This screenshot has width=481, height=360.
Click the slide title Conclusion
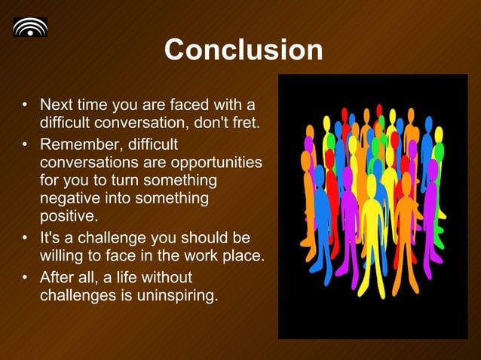pos(243,50)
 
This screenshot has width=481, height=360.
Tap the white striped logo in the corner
pos(30,27)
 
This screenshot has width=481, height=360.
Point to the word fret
pos(246,122)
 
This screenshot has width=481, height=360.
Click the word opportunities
pos(210,162)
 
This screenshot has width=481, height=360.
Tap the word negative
pos(71,199)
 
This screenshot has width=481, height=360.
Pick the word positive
pos(68,218)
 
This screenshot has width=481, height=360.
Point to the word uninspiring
pos(177,295)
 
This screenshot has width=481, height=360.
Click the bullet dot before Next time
pos(26,104)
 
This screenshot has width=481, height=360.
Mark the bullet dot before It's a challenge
pos(26,238)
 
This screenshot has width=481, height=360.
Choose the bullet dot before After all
pos(26,277)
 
